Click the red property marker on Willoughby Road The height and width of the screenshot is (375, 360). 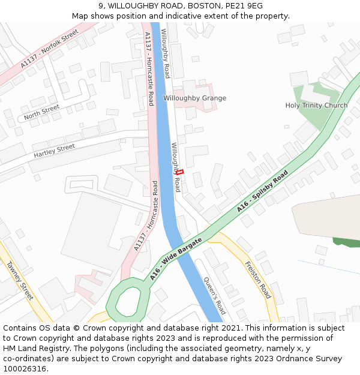click(x=179, y=172)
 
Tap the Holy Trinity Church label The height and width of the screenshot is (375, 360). click(x=316, y=106)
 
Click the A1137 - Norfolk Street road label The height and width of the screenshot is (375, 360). click(x=50, y=48)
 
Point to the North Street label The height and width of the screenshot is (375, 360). click(x=42, y=112)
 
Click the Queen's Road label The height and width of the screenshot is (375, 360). click(x=214, y=295)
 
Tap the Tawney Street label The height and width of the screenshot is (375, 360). click(x=20, y=280)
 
